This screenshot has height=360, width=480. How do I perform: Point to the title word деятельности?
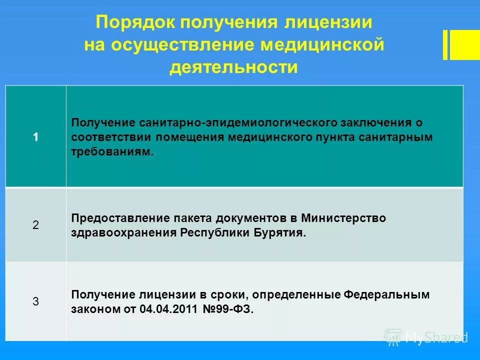pos(233,67)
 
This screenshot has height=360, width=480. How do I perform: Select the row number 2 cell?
pos(35,225)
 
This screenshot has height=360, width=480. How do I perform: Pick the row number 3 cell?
pos(35,301)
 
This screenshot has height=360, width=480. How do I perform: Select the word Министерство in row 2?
pos(343,218)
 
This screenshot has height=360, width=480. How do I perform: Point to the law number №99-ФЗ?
pos(229,309)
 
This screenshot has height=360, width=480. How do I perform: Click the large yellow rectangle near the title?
pos(464,45)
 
